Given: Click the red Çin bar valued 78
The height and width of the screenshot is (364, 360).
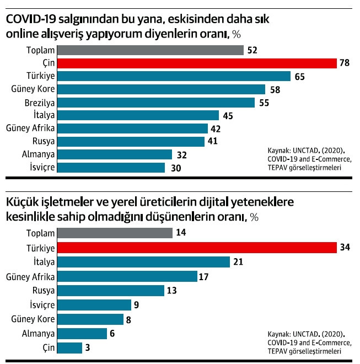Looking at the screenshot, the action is coord(197,63).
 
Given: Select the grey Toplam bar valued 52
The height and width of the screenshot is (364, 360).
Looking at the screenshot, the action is coord(151,50).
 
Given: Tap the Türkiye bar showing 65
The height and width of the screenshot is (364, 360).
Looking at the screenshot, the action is coord(174,76).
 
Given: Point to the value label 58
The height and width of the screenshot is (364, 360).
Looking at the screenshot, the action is coord(275,89).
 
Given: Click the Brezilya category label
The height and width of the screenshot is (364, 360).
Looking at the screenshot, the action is coord(40,103).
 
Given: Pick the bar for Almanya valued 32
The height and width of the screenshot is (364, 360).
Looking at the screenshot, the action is coord(115,154).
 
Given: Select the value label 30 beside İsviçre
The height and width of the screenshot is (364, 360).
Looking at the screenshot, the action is coord(176,168).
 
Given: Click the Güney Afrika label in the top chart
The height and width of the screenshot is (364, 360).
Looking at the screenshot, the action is coord(30,128).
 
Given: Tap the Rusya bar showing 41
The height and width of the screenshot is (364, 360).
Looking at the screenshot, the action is coord(131,142).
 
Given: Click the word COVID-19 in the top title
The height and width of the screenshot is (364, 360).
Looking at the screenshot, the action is coord(31,19).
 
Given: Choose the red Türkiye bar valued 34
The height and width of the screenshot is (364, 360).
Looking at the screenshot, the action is coord(197,248).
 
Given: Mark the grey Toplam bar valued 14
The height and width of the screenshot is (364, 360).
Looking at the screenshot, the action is coord(115,233).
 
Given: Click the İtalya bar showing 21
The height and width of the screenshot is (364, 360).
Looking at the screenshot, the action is coord(143,262).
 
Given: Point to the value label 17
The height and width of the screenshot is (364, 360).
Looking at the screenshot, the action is coord(203,277).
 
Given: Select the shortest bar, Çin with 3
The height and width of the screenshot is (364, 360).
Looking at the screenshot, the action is coord(69,348).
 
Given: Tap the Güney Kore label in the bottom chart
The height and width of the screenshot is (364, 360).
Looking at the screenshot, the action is coord(33,319).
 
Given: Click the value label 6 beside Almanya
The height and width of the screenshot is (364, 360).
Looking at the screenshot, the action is coord(112,334).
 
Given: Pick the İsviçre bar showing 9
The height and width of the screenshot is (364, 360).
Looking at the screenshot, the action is coord(94,305).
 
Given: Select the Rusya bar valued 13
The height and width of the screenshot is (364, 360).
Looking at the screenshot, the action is coord(111,291).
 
